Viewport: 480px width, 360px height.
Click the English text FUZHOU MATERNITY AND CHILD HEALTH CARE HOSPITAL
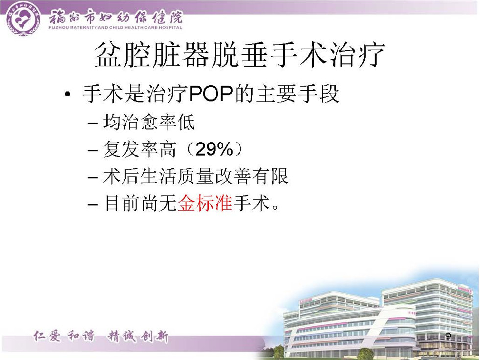[x=116, y=28]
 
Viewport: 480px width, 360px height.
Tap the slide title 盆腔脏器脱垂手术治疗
[x=240, y=55]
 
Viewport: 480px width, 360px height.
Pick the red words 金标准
[x=205, y=203]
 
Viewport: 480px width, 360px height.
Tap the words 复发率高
[x=140, y=149]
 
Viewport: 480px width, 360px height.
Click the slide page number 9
[x=448, y=336]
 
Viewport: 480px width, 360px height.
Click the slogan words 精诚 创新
[x=138, y=337]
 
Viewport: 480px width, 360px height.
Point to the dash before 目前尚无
[x=93, y=204]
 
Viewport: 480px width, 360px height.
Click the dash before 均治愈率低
[x=93, y=123]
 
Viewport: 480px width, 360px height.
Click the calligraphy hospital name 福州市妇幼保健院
[x=116, y=17]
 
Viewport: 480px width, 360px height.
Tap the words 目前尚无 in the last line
[x=140, y=203]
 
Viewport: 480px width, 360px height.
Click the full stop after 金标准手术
[x=275, y=207]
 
